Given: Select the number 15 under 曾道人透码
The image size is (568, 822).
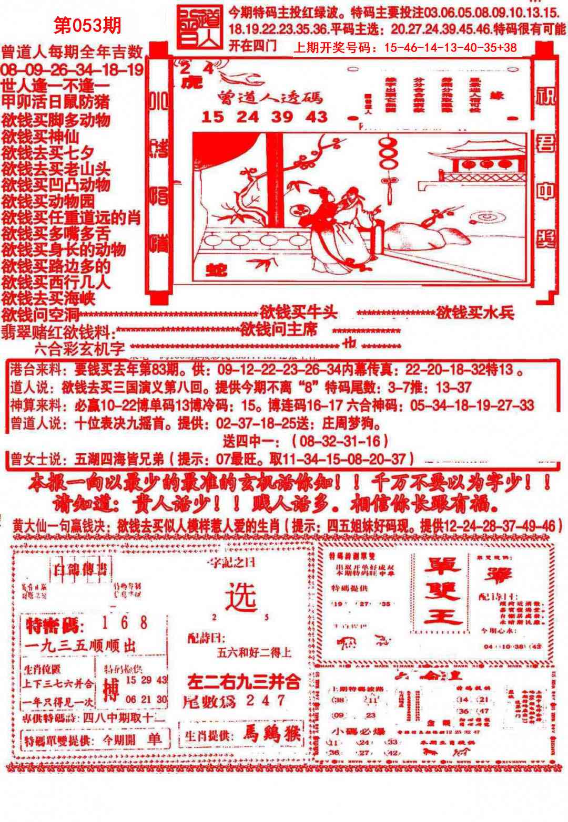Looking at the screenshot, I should [x=212, y=117].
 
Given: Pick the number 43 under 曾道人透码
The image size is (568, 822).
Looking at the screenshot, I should [x=318, y=117].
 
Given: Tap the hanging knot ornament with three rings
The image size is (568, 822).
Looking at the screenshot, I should [x=390, y=163].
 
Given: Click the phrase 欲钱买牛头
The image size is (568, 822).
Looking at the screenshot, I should [x=298, y=313].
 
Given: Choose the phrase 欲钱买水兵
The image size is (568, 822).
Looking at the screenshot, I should [x=474, y=313].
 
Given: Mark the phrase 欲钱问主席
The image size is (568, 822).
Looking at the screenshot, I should [x=279, y=330].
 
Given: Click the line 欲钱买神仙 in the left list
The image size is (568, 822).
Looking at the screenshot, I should [x=40, y=137].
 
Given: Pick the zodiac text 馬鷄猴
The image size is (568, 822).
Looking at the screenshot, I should [x=269, y=735].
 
